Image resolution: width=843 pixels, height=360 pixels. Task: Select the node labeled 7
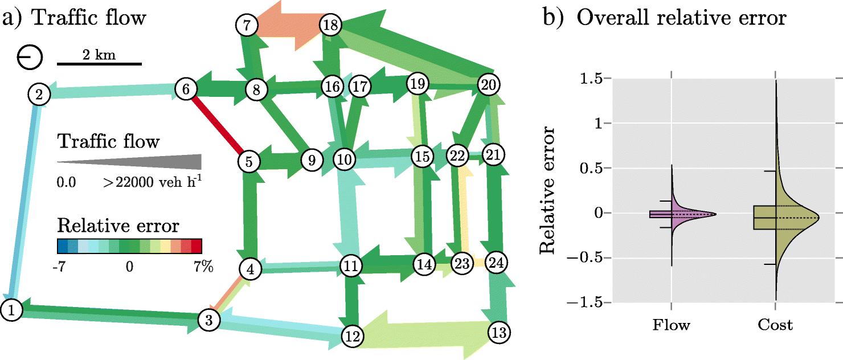click(246, 25)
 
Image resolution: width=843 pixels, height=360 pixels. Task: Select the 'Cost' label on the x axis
click(775, 325)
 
